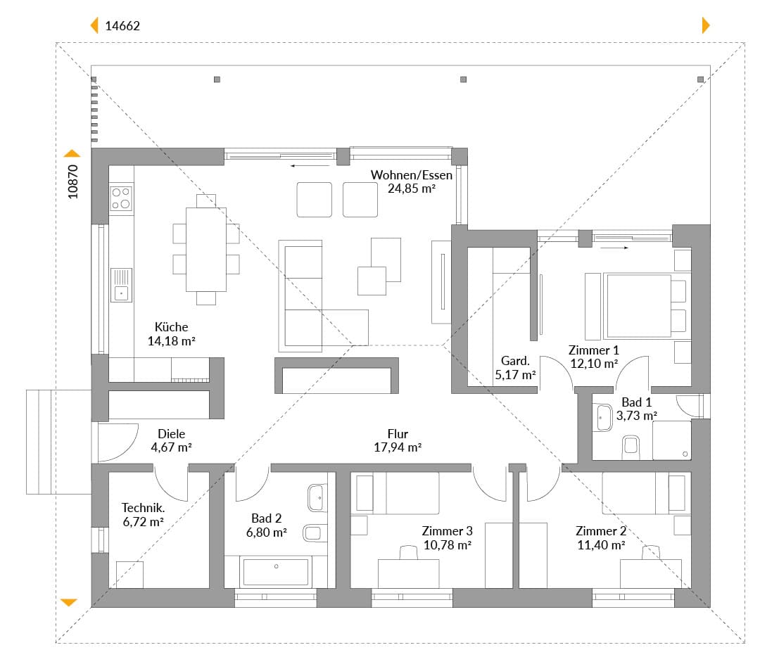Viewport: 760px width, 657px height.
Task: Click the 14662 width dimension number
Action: point(122,26)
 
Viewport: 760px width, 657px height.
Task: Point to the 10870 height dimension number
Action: point(72,181)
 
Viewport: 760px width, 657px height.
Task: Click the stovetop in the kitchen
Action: point(121,198)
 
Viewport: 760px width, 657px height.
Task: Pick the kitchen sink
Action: point(121,286)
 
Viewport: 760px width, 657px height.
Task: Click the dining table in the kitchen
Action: point(206,250)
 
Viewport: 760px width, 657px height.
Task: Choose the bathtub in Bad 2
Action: point(276,572)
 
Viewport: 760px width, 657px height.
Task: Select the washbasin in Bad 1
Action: point(602,417)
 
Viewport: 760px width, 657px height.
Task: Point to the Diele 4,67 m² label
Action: point(171,440)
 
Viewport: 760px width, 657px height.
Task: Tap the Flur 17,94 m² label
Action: point(398,440)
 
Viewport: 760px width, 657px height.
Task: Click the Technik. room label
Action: point(143,508)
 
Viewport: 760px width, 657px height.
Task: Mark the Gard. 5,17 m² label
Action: point(515,368)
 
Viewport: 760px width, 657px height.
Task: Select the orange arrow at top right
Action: point(707,25)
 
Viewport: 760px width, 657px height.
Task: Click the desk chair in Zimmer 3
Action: point(409,552)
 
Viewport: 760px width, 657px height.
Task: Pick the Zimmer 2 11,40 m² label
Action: point(601,538)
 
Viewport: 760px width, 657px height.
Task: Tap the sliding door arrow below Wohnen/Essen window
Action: point(310,166)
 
